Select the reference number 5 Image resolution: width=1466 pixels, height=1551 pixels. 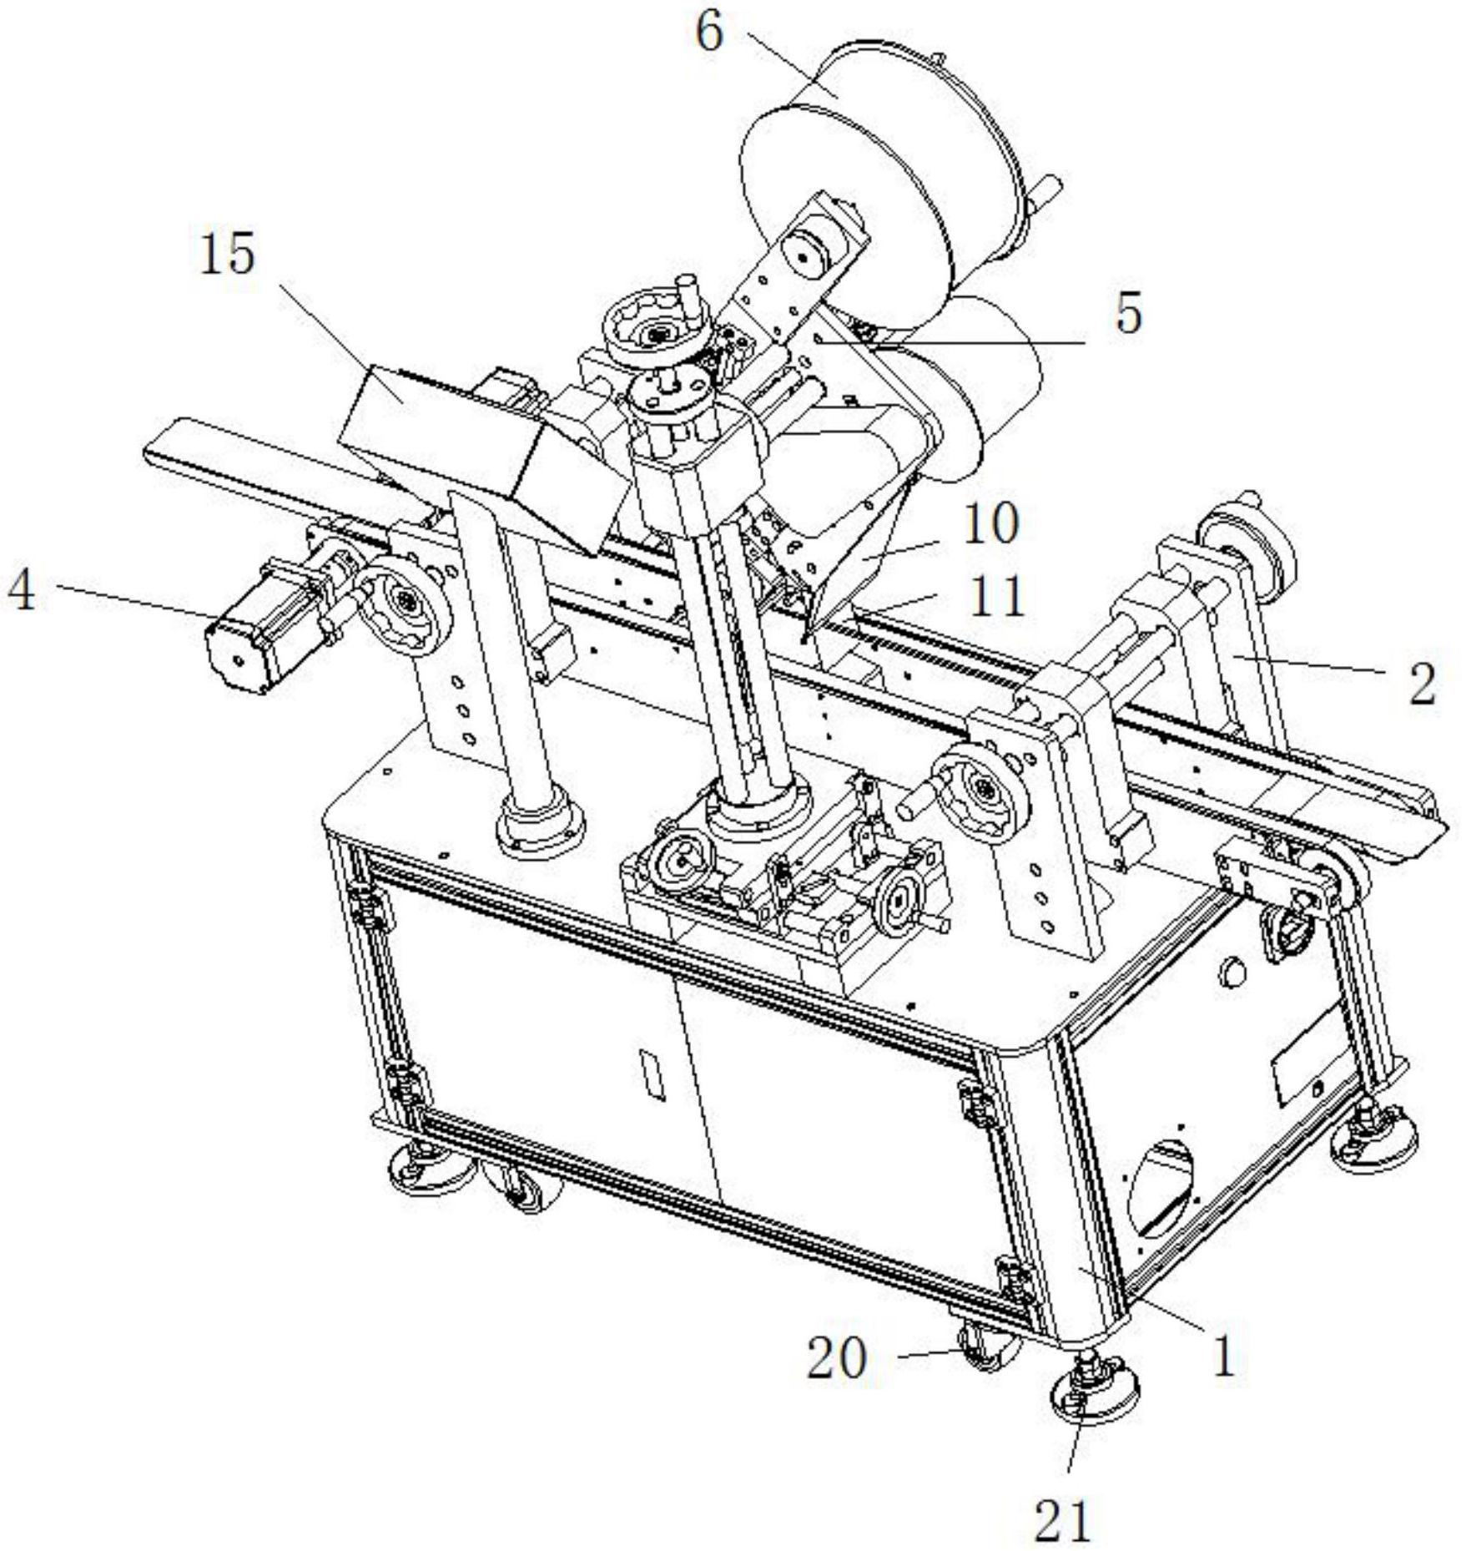pos(1128,315)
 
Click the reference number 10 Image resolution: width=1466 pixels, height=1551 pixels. pos(990,525)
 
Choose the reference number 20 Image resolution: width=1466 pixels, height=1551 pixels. pos(837,1359)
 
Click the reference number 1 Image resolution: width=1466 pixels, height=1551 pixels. pos(1223,1356)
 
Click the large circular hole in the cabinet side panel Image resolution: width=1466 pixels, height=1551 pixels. pos(1161,1190)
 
